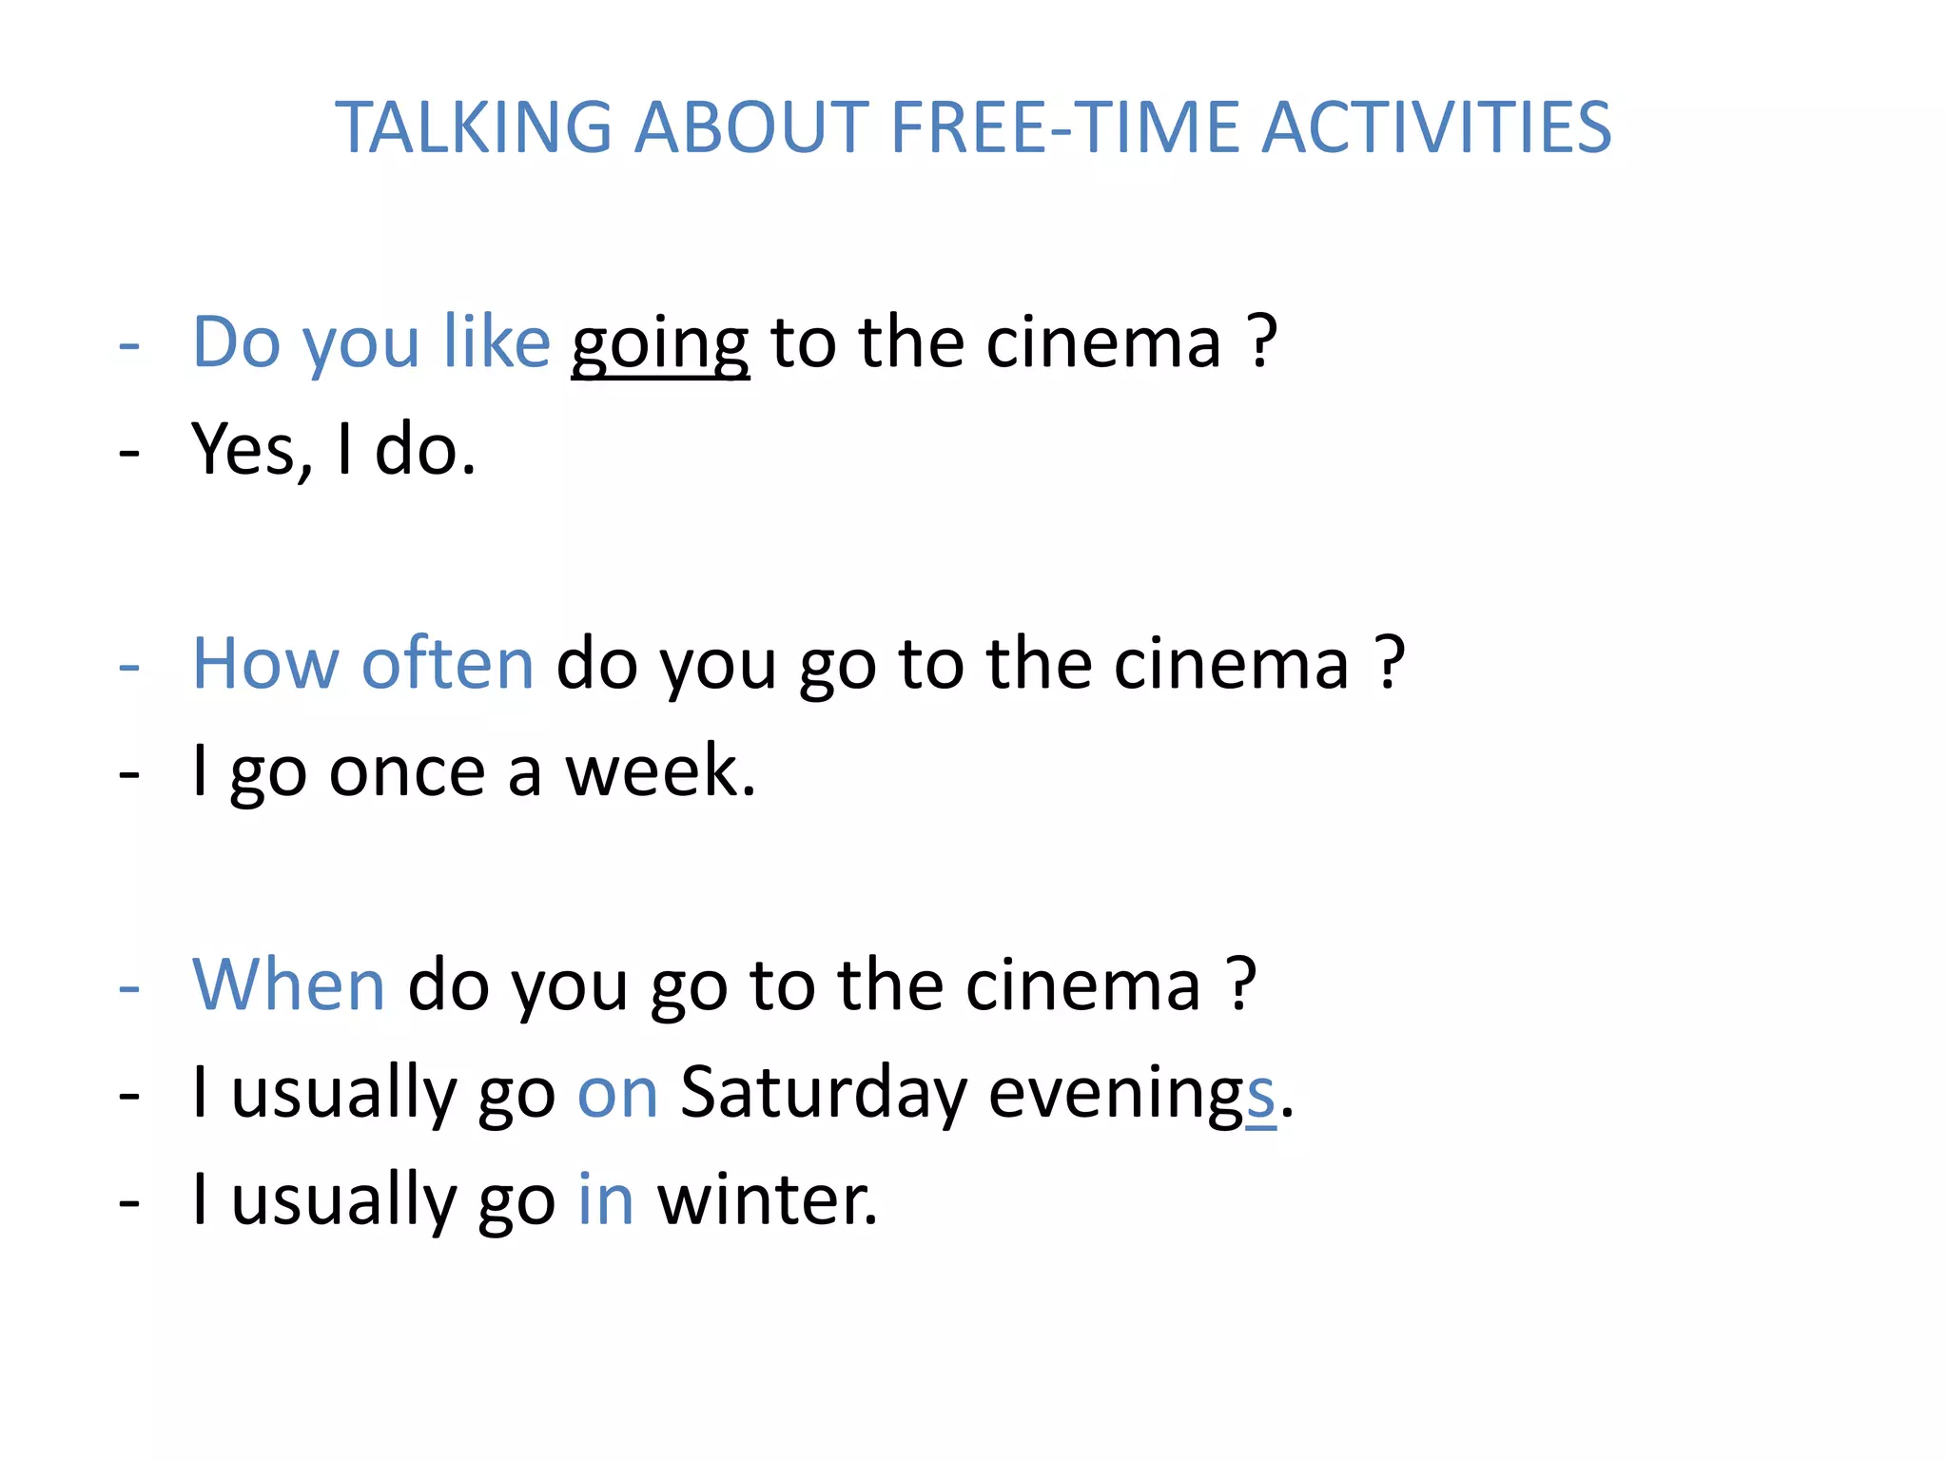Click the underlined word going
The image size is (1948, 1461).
pos(660,344)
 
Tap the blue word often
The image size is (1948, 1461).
pos(448,663)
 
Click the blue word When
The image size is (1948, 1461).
pos(288,984)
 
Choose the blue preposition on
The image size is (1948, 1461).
pos(617,1093)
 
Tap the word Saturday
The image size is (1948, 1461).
pos(823,1093)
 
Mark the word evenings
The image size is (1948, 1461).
pos(1132,1093)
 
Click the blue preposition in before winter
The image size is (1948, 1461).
pos(606,1199)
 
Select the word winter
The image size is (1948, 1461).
pos(767,1199)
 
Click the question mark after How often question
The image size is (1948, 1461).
pos(1390,663)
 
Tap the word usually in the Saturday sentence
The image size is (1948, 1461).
pos(343,1093)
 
